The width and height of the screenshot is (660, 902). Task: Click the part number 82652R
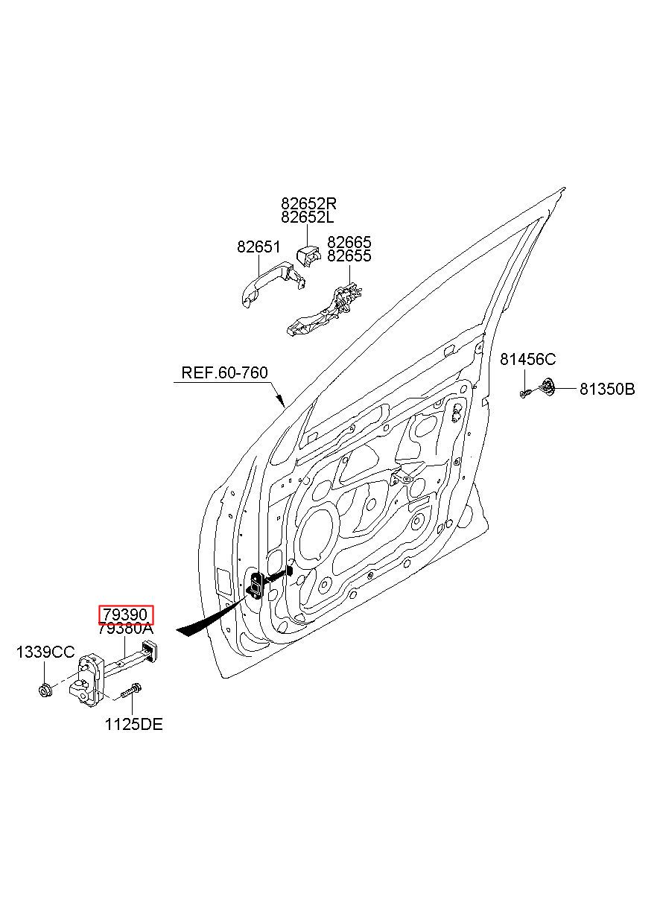(x=308, y=203)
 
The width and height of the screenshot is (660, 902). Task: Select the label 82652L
(x=308, y=217)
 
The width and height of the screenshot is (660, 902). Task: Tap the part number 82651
(x=258, y=247)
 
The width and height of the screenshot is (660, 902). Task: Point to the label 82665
(x=349, y=242)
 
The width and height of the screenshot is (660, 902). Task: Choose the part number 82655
(x=349, y=255)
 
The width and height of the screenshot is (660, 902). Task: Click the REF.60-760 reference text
(x=224, y=372)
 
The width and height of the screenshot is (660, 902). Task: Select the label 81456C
(x=527, y=359)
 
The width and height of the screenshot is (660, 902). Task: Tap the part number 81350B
(x=607, y=390)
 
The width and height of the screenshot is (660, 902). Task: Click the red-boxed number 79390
(x=126, y=626)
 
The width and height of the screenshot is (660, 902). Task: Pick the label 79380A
(x=126, y=640)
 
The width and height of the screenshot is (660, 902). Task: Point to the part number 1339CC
(x=45, y=663)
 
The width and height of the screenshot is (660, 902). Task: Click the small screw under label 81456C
(x=524, y=394)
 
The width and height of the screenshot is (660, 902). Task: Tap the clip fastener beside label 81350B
(x=547, y=387)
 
